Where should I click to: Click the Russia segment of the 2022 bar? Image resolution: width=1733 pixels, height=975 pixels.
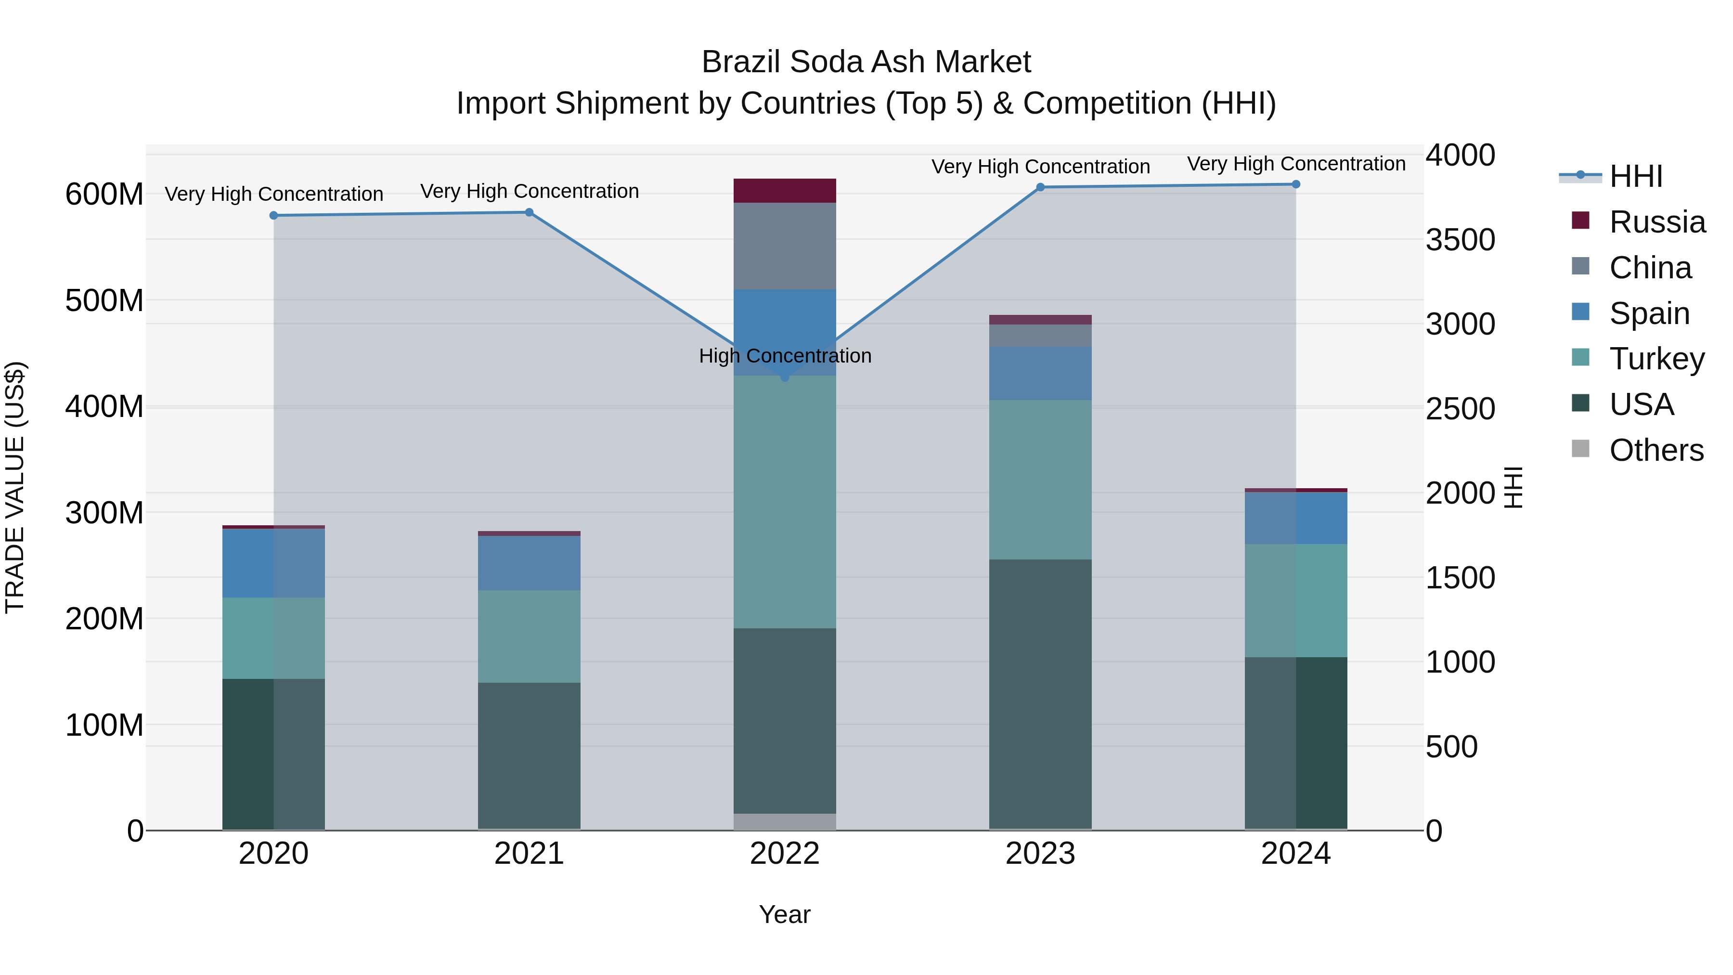(785, 190)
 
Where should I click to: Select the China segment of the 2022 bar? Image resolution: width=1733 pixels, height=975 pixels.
(785, 246)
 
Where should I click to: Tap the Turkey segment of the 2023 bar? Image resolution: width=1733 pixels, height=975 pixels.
(1040, 479)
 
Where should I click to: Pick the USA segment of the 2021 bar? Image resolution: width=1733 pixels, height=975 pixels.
(529, 755)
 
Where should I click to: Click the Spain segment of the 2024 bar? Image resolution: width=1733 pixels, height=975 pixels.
(1296, 518)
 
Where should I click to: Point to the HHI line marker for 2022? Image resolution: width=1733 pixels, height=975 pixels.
(785, 377)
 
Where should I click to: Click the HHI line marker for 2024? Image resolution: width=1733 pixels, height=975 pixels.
(1296, 184)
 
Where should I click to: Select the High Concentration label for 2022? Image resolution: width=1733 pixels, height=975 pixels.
(785, 356)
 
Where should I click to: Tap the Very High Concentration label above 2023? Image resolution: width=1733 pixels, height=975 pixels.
(1040, 166)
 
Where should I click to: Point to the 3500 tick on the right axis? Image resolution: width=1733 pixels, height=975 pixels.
(1460, 240)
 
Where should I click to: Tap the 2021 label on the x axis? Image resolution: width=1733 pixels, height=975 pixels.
(529, 854)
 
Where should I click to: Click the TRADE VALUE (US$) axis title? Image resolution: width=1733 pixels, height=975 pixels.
(15, 487)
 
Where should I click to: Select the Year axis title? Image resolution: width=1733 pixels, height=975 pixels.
(785, 914)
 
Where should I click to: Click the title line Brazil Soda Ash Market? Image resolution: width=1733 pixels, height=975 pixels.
(866, 62)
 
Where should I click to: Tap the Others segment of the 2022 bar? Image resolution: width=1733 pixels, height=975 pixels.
(785, 821)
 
